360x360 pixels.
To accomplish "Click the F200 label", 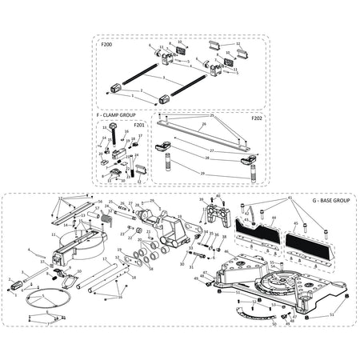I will tap(107, 45).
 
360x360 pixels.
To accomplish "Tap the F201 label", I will tap(139, 125).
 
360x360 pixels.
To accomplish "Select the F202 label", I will tap(257, 118).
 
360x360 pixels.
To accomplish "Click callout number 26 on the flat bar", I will tap(203, 125).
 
